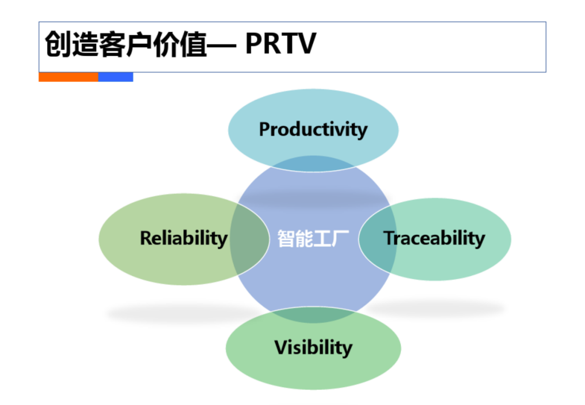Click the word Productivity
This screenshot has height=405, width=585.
313,130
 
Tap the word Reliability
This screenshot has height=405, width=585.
184,238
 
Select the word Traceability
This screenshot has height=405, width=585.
434,238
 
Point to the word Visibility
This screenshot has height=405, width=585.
313,348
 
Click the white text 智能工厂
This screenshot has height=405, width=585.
313,239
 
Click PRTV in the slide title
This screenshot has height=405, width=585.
281,44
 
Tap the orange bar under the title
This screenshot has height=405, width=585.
69,77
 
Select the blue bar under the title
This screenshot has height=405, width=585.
116,77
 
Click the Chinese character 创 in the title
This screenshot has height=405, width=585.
58,44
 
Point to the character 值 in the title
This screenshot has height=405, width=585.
193,44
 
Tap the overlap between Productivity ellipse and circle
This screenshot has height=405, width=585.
313,164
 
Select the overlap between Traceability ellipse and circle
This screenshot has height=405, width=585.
377,239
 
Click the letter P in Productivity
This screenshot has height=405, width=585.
265,129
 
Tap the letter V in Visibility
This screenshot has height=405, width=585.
282,347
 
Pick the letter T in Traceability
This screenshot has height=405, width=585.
389,238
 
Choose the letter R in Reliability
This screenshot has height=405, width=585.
146,238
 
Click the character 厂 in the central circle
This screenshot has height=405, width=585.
340,239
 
